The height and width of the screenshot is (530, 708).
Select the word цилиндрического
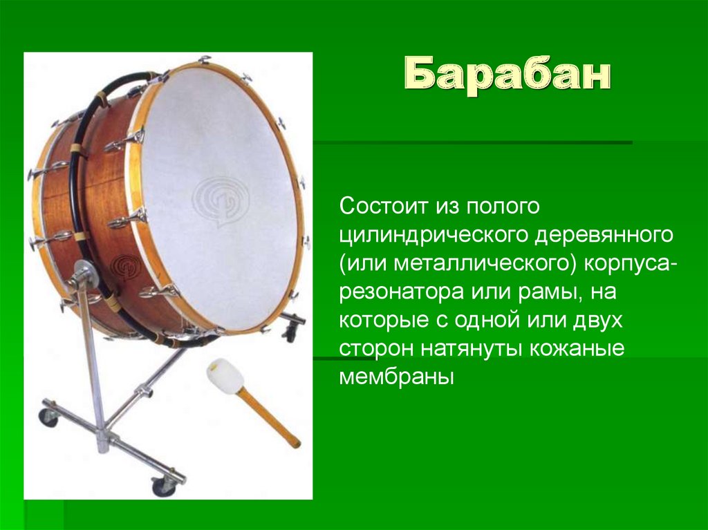431,236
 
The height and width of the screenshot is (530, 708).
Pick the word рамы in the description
545,292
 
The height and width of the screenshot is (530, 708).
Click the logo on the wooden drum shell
124,265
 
